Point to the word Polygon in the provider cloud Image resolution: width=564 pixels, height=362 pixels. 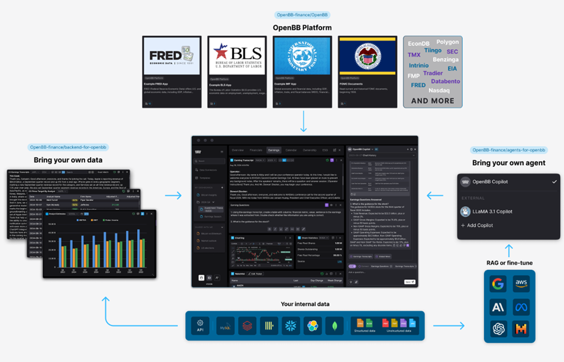coord(447,42)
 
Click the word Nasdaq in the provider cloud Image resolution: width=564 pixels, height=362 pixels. coord(439,91)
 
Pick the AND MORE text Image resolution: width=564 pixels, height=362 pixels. coord(432,101)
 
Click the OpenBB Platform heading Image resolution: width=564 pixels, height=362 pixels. coord(302,27)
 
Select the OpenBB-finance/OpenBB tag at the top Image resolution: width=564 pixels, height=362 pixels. coord(303,14)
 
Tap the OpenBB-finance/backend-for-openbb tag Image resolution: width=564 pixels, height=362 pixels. coord(68,148)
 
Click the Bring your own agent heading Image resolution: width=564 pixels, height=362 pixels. coord(509,162)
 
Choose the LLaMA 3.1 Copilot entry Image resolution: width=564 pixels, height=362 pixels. coord(492,211)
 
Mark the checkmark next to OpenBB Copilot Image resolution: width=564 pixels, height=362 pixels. coord(554,182)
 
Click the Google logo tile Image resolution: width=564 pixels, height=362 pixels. coord(498,284)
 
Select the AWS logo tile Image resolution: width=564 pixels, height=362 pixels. coord(521,284)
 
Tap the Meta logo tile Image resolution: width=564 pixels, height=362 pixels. coord(521,307)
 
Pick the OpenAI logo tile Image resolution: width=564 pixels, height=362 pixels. coord(498,329)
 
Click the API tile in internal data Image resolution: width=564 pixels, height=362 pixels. coord(200,325)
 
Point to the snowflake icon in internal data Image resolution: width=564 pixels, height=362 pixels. coord(290,325)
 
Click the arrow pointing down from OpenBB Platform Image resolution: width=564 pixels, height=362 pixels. coord(304,121)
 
